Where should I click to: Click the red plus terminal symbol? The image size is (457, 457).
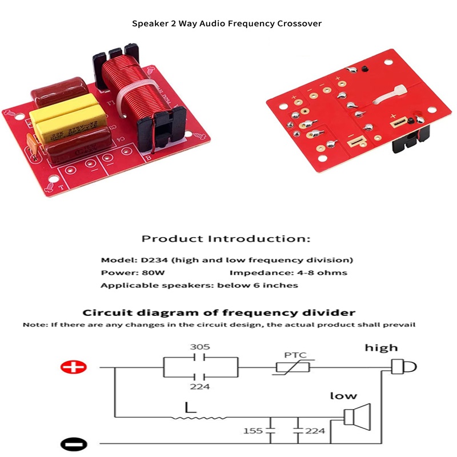[74, 368]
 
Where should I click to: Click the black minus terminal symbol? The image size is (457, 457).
[74, 443]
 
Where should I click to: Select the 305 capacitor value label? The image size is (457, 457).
[199, 346]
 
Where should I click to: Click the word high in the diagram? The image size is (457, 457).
[382, 347]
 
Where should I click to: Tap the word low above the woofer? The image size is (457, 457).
[343, 395]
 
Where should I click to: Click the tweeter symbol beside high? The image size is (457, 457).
[402, 367]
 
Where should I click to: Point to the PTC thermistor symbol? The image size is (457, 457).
[292, 367]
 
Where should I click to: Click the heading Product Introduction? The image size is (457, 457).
[226, 238]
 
